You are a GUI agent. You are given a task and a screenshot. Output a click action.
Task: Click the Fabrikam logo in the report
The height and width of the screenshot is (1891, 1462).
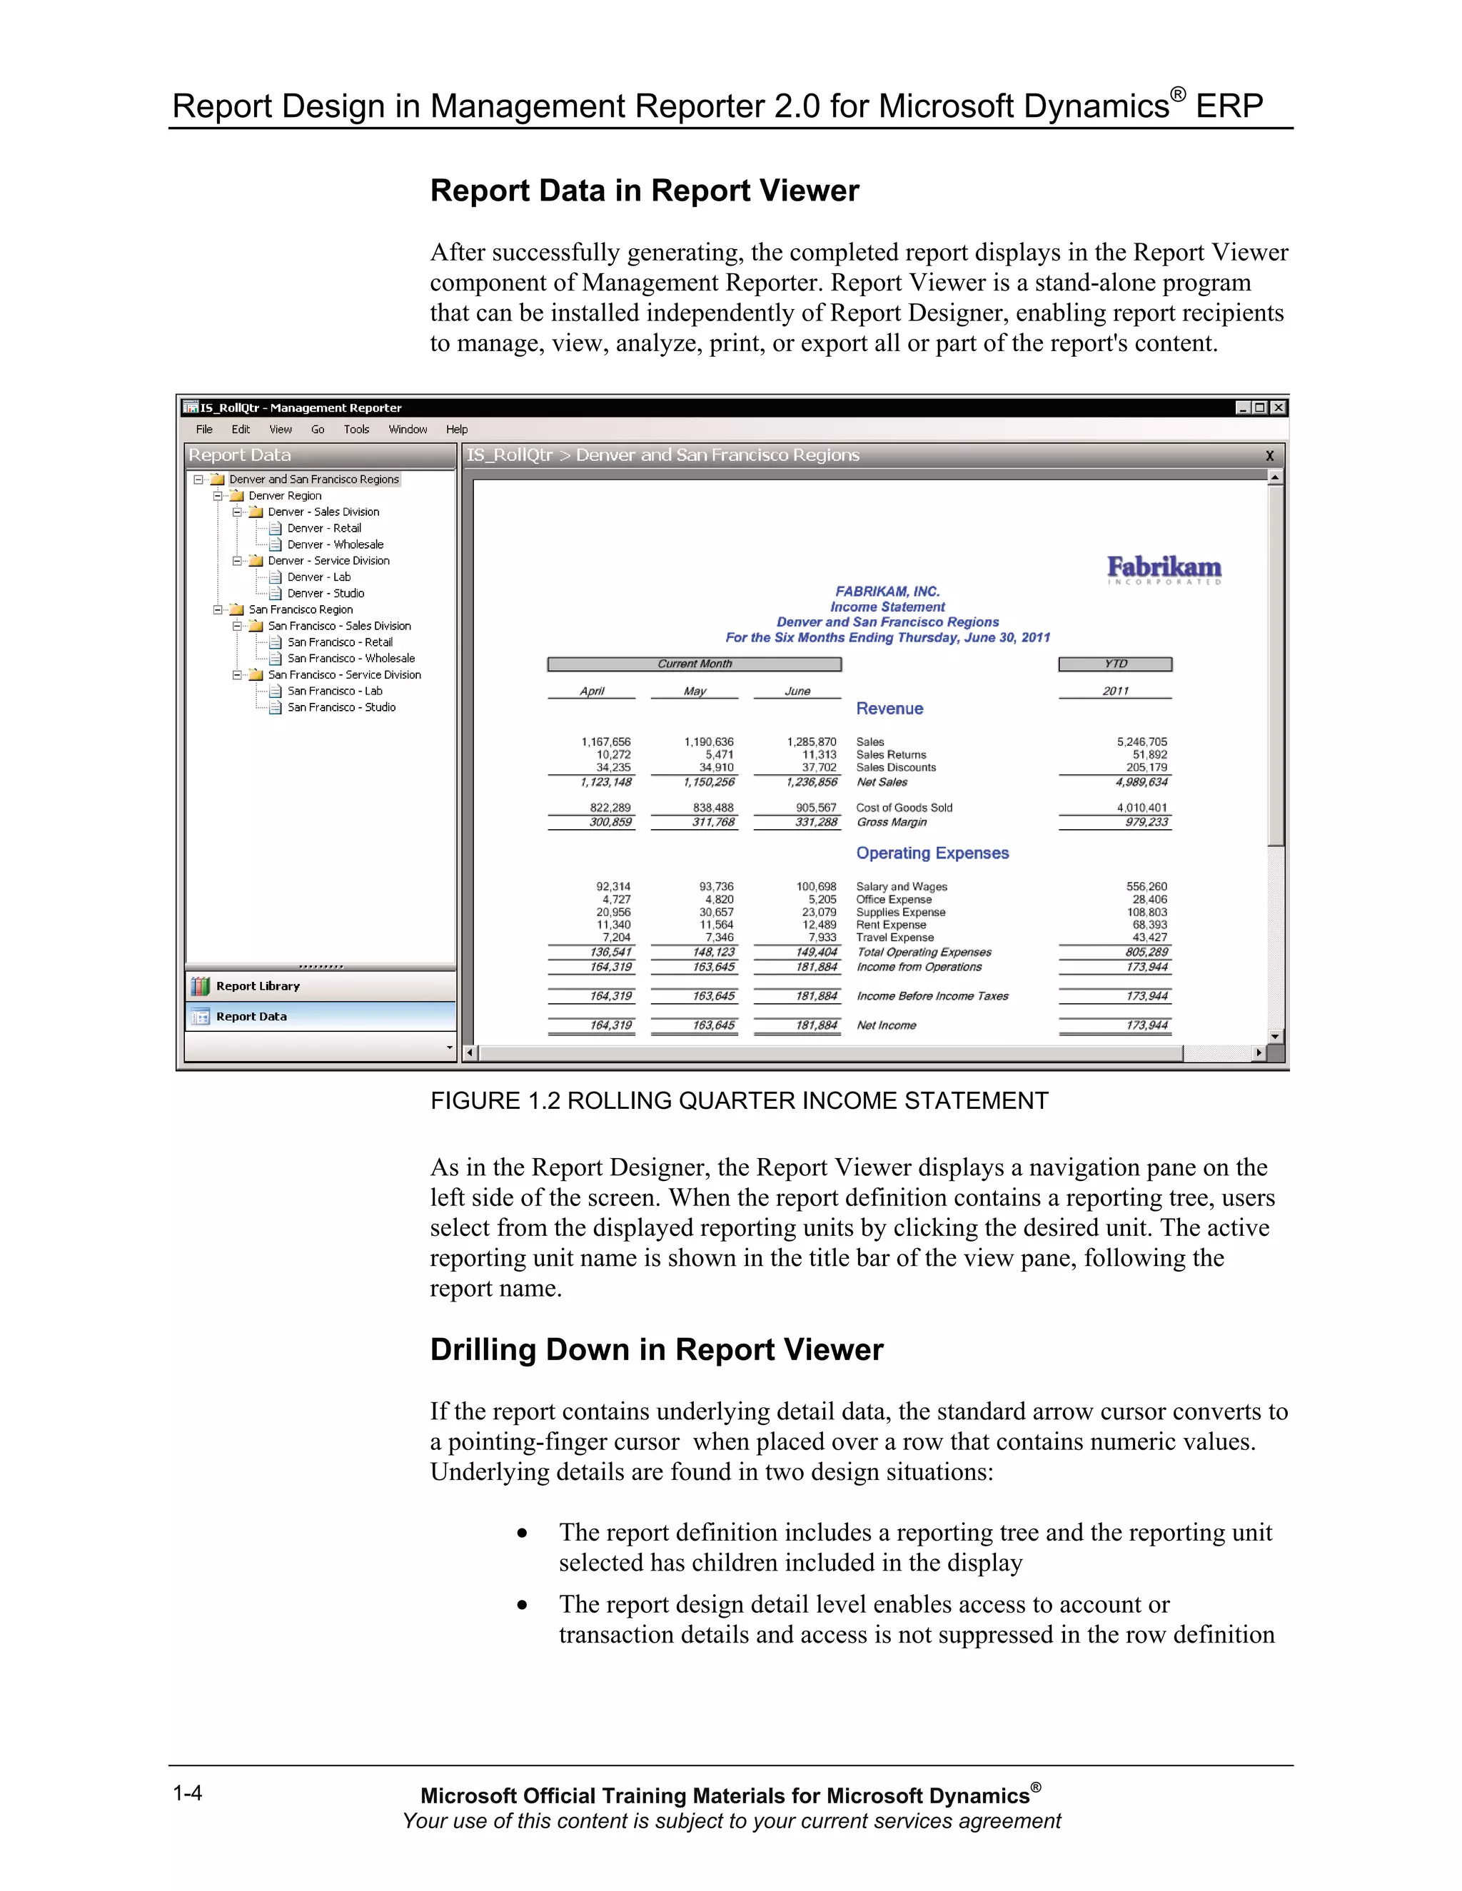[1164, 569]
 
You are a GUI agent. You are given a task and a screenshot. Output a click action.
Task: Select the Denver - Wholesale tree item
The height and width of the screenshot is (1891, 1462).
[334, 544]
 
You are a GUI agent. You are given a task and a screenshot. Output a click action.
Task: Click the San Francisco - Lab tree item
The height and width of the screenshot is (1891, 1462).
[334, 691]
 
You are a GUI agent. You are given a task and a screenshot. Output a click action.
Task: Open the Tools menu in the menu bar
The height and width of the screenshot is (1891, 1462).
[356, 430]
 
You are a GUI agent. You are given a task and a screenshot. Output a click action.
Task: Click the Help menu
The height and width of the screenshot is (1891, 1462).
[456, 430]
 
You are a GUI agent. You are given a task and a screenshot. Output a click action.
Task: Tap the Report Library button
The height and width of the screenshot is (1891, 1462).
[257, 986]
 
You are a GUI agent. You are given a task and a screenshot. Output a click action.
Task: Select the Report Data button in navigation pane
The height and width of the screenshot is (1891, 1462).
[251, 1016]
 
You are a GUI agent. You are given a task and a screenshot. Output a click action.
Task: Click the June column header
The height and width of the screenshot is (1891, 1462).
[797, 691]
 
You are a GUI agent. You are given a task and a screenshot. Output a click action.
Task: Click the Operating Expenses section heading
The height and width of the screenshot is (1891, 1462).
[932, 853]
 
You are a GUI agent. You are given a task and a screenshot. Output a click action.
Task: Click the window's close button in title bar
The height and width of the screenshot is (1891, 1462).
[1279, 407]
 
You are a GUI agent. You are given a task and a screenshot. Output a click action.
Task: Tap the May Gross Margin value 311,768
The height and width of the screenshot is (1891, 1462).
[713, 821]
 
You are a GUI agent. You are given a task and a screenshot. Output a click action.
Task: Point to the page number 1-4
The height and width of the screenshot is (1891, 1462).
[187, 1793]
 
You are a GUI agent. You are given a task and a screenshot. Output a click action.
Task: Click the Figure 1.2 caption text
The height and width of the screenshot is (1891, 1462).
[739, 1100]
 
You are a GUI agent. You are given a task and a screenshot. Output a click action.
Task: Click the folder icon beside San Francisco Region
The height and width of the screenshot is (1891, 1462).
[236, 609]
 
